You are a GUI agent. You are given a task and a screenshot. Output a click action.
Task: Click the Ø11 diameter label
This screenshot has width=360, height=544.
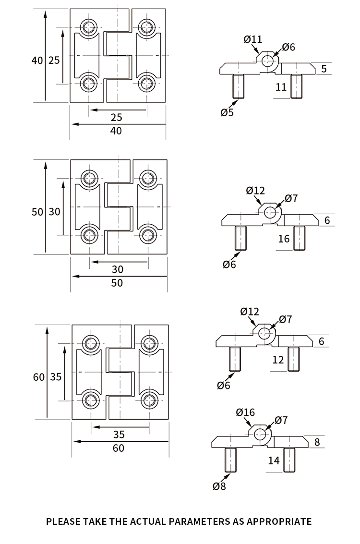tap(253, 39)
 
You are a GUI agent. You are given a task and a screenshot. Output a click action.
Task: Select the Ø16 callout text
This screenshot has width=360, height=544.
tap(245, 412)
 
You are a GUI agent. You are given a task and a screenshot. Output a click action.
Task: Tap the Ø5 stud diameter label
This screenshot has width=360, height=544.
tap(227, 112)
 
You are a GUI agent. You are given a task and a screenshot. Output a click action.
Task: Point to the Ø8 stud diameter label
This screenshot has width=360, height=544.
tap(219, 486)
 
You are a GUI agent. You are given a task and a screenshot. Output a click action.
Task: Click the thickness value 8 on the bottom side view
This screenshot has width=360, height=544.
tap(317, 442)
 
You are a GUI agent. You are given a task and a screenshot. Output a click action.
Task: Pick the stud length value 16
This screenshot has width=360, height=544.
tap(284, 239)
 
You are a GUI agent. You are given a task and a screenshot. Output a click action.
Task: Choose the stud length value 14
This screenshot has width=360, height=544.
tap(274, 460)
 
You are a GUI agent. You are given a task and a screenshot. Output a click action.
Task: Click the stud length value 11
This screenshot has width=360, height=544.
tap(281, 87)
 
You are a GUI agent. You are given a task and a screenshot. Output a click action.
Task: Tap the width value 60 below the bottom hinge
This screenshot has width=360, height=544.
tap(118, 448)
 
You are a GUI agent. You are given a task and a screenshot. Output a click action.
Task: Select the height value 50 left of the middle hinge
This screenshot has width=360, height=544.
tap(37, 212)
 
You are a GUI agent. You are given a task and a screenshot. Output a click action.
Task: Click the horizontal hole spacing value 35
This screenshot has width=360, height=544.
tap(119, 435)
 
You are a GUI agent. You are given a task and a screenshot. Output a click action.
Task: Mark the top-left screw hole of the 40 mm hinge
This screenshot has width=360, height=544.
tap(89, 27)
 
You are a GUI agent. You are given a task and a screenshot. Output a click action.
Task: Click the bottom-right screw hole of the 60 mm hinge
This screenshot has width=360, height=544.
tap(149, 400)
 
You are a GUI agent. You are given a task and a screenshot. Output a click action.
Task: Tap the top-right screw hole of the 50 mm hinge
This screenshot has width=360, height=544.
tap(148, 178)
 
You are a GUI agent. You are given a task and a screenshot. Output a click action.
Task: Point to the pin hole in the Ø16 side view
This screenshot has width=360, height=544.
tap(260, 434)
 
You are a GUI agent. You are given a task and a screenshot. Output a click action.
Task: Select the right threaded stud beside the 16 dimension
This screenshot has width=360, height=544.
tap(299, 238)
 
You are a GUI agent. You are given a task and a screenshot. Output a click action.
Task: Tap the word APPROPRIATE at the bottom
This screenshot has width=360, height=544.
tap(279, 521)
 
